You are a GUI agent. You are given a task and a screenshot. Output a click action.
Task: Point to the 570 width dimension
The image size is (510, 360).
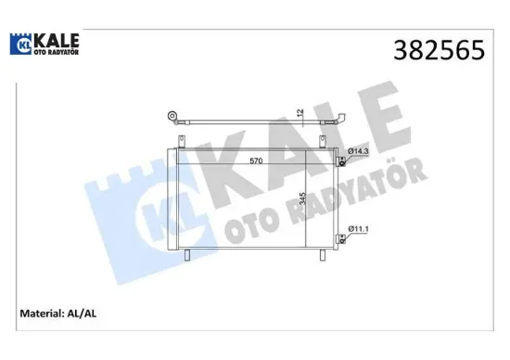pos(259,161)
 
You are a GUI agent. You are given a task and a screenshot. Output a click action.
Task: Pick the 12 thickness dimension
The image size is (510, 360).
pos(300,113)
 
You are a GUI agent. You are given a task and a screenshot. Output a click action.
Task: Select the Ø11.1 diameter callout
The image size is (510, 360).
pos(360,228)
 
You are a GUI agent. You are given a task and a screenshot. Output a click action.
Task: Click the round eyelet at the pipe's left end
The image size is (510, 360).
pos(172,117)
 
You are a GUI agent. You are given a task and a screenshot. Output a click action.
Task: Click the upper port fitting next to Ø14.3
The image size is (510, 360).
pos(341,161)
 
